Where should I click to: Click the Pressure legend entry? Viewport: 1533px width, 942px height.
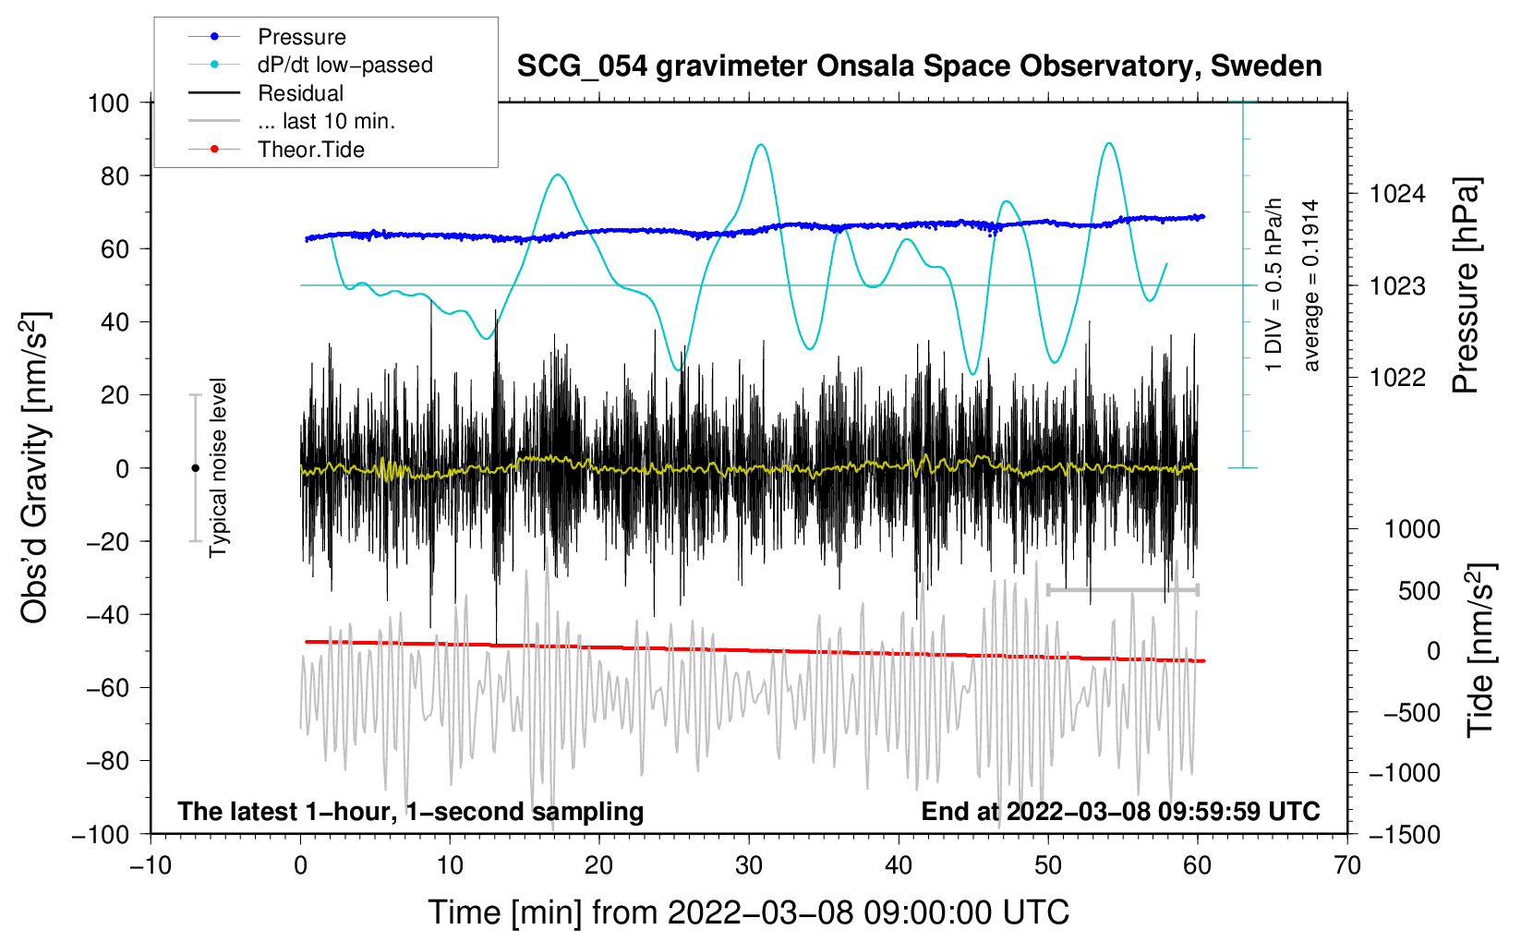(x=267, y=36)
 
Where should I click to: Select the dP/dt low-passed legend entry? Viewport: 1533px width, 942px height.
(x=310, y=65)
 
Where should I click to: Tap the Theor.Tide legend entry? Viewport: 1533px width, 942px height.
(x=276, y=150)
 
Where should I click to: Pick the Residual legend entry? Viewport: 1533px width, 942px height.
(x=266, y=93)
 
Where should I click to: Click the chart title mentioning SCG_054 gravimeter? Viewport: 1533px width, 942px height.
(x=919, y=66)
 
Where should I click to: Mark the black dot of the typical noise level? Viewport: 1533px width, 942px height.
(x=195, y=468)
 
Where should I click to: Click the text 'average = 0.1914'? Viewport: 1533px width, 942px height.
(x=1310, y=285)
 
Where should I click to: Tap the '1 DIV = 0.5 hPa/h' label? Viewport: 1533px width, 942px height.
(x=1273, y=285)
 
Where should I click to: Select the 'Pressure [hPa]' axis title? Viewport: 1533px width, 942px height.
(x=1466, y=285)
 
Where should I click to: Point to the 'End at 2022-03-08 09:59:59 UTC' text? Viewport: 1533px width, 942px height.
(x=1120, y=811)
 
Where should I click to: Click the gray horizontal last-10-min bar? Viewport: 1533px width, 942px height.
(x=1123, y=590)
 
